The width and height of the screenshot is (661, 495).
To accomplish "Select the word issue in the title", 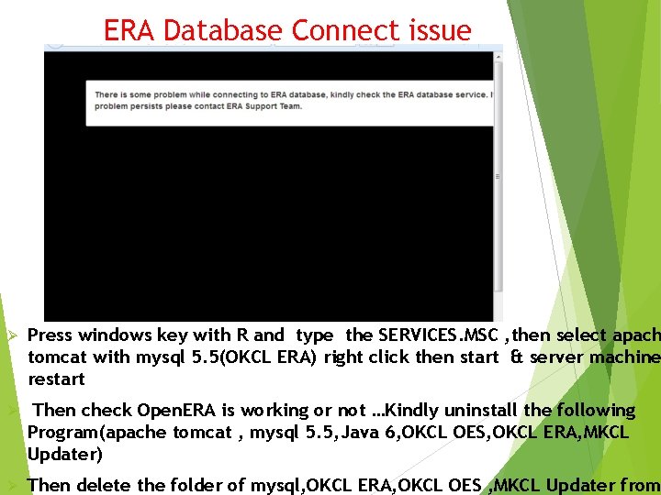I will click(x=437, y=30).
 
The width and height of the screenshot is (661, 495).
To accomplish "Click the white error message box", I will click(x=290, y=101).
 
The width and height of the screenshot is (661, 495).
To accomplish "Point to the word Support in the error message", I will click(x=259, y=106).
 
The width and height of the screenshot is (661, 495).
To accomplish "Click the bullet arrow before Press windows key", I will click(x=12, y=335).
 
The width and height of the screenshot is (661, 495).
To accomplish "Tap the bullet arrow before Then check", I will click(x=12, y=411).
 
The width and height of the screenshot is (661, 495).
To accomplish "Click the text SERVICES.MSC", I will click(x=435, y=335).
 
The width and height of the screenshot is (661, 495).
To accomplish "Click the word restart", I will click(x=56, y=379).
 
